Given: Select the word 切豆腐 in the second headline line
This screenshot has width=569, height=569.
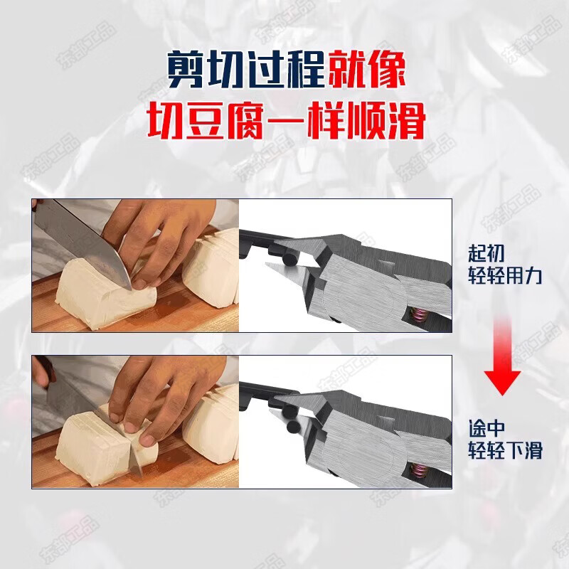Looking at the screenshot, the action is (205, 120).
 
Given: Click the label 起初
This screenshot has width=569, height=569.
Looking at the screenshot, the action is (486, 253).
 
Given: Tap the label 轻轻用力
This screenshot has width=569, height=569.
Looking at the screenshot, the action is (505, 275).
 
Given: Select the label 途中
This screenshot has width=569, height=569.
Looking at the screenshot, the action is (486, 428).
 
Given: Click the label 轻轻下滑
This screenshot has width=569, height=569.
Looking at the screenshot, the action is (505, 450).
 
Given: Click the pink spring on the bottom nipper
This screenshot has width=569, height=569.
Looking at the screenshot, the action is (418, 471).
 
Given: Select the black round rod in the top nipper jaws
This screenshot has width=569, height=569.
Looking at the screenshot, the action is (290, 259).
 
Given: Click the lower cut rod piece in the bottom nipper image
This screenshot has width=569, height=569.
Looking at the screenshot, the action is (293, 427).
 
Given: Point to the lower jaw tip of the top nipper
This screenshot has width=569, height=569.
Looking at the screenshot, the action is (267, 264).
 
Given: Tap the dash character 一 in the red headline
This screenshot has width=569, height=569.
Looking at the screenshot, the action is (286, 121).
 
